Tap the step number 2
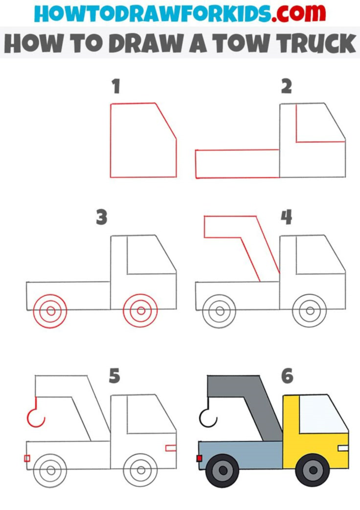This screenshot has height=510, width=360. tap(287, 86)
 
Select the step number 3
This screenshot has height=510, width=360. tap(101, 218)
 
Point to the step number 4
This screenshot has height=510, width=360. tap(287, 217)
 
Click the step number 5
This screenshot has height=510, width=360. tap(114, 376)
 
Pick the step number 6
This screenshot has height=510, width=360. tap(287, 376)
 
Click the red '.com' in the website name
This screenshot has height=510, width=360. tap(298, 13)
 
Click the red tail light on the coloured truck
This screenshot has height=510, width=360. tap(199, 458)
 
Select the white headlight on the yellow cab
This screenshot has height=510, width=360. tap(343, 448)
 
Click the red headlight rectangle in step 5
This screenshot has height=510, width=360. tap(171, 448)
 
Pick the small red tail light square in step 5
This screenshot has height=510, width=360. tap(27, 458)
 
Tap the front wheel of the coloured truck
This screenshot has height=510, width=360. tap(313, 470)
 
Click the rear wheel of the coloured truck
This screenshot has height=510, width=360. tap(223, 470)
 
